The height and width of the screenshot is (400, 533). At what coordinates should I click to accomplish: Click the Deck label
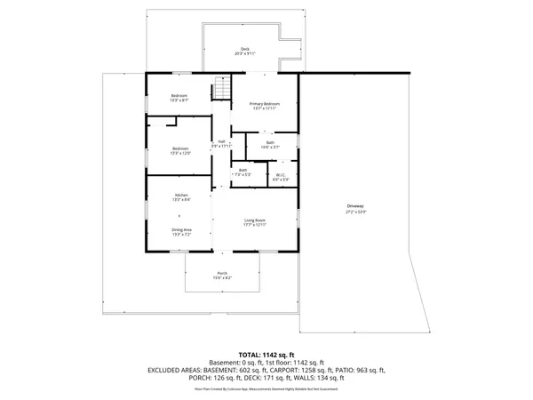point(245,49)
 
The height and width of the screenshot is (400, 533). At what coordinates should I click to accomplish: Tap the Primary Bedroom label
point(264,105)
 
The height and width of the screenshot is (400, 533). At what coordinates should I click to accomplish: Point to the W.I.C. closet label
point(280,174)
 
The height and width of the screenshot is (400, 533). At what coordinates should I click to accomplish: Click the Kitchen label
point(180,195)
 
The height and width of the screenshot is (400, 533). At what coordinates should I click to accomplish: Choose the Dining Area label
point(180,229)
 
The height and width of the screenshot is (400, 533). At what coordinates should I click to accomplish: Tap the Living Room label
point(255,220)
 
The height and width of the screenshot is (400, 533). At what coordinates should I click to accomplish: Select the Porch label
point(222,273)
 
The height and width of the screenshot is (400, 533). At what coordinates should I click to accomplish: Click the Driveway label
point(356,208)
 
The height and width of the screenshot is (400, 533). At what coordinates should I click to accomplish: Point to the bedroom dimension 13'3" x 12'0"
point(180,153)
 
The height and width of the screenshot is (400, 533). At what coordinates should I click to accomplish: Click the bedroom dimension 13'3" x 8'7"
point(180,100)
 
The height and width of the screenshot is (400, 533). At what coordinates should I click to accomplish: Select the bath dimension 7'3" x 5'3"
point(243,174)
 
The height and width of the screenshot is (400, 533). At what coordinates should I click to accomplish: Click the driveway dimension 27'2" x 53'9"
point(356,213)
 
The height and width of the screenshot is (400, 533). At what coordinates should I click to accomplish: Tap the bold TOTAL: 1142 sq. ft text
point(266,354)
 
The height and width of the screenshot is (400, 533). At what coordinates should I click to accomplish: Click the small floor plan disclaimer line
point(266,388)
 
